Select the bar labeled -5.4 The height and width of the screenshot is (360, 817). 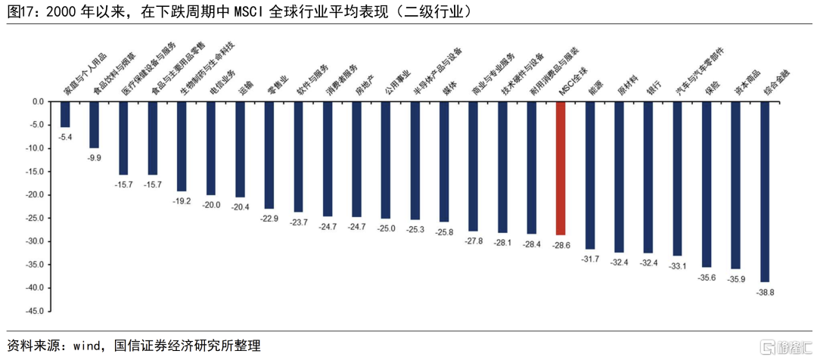pyautogui.click(x=65, y=114)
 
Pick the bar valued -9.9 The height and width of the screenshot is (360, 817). pyautogui.click(x=95, y=125)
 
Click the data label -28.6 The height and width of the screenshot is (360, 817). pyautogui.click(x=561, y=247)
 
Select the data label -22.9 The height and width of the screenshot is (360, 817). pyautogui.click(x=269, y=219)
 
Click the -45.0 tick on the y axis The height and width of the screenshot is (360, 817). pyautogui.click(x=35, y=311)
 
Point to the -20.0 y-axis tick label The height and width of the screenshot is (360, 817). pyautogui.click(x=35, y=194)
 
